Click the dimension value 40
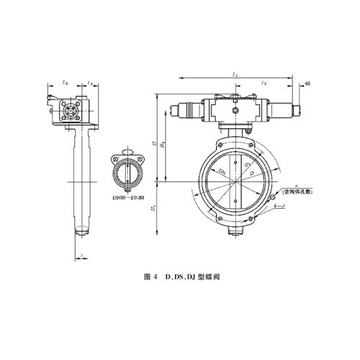307,85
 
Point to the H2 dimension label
164,146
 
